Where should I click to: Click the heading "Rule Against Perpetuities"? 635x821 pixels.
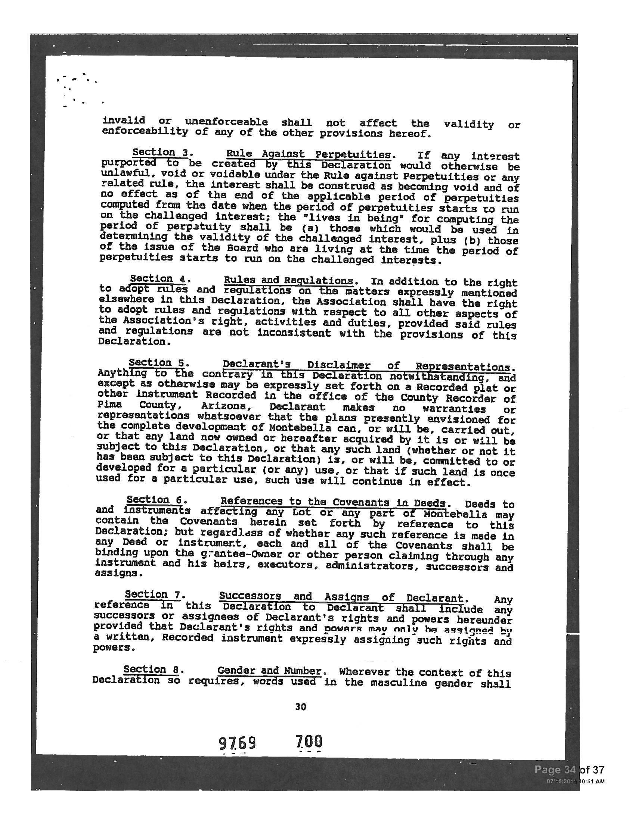tap(308, 154)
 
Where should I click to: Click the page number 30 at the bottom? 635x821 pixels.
tap(301, 707)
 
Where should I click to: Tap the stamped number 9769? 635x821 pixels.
tap(237, 743)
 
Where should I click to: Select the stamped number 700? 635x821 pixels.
tap(309, 742)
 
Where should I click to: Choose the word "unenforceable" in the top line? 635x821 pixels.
tap(226, 122)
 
